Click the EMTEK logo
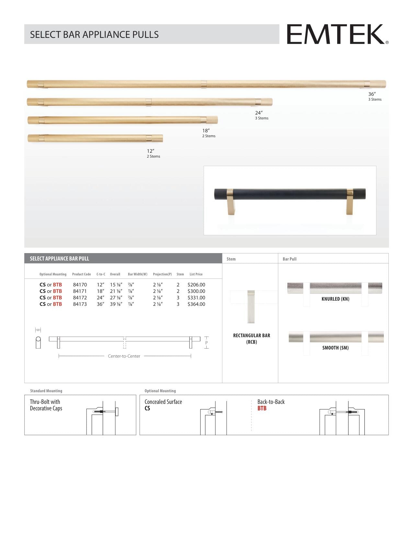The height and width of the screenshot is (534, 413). click(337, 34)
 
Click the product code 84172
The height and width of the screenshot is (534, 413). click(80, 298)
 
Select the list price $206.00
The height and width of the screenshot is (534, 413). click(196, 285)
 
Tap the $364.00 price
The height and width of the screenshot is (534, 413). click(196, 304)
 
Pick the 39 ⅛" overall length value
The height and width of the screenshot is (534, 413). click(116, 304)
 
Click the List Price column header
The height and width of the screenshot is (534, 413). click(196, 274)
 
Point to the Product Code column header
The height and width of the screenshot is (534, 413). click(81, 274)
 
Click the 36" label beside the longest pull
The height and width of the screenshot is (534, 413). click(372, 94)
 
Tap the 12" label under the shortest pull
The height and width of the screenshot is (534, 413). click(150, 151)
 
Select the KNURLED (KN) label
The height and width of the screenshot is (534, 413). click(335, 299)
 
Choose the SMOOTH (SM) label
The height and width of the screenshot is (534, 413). click(335, 348)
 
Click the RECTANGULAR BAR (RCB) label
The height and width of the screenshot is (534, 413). click(251, 339)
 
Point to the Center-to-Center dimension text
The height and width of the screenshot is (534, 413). click(124, 356)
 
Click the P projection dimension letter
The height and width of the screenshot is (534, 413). click(206, 343)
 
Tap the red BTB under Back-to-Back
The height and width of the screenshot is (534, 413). click(262, 408)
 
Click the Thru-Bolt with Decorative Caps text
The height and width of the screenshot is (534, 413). click(46, 405)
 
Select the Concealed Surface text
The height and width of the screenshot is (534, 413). click(163, 402)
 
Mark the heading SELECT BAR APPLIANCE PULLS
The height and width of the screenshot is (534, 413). click(94, 35)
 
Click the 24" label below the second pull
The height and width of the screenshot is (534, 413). click(258, 113)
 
